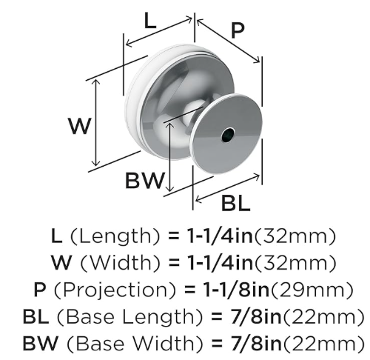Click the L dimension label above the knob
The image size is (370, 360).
point(150,23)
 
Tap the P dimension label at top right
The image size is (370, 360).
point(238,30)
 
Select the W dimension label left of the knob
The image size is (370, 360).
point(81,126)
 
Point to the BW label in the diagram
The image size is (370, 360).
point(144,180)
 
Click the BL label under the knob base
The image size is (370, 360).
point(236,203)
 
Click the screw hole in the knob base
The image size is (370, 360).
point(227,136)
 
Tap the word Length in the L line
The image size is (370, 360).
point(115,236)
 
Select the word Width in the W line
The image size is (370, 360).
point(121,263)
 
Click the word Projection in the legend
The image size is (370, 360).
point(115,290)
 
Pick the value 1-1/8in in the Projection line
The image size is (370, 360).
point(235,290)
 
